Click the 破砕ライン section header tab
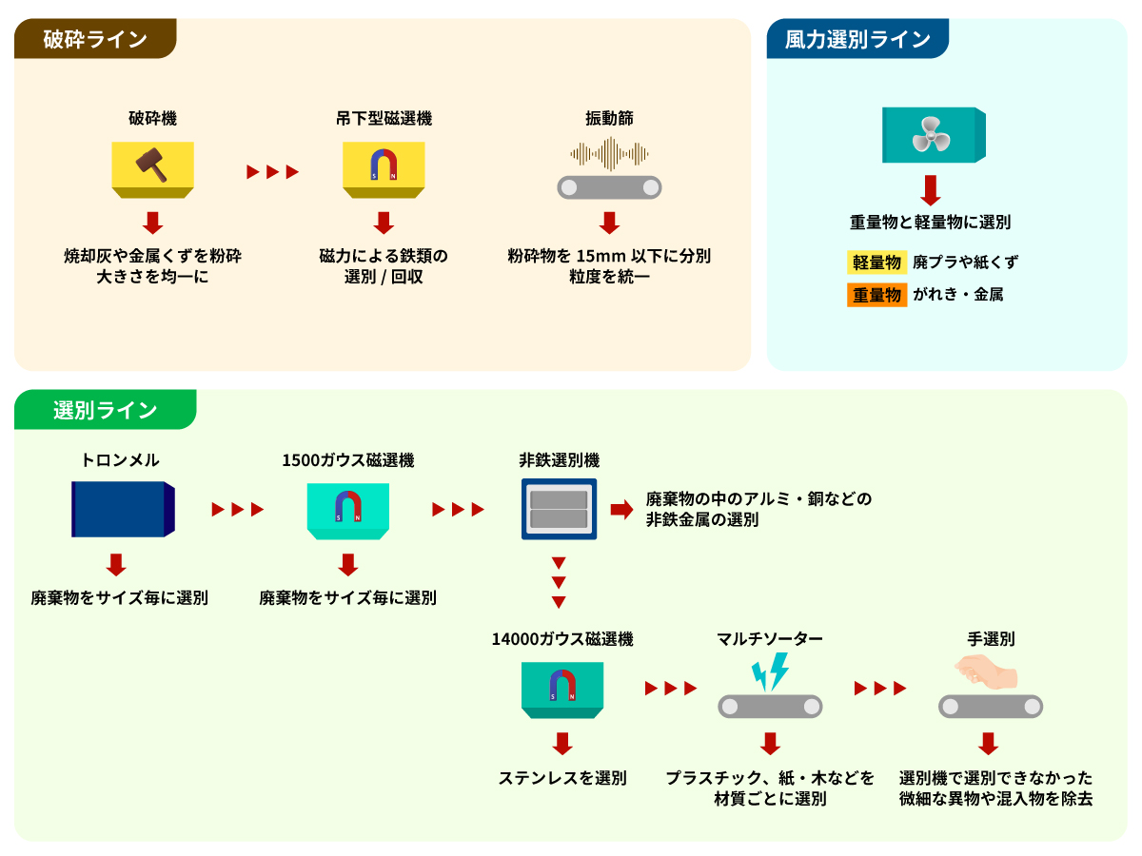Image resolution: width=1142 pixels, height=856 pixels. click(95, 39)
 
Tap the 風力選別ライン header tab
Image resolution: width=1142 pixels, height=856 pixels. click(856, 39)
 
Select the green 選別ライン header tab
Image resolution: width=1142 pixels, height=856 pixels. click(105, 410)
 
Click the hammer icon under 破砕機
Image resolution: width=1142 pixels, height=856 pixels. click(152, 165)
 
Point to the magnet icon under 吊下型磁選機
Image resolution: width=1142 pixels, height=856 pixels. click(384, 165)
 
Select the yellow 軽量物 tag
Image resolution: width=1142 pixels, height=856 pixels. click(876, 263)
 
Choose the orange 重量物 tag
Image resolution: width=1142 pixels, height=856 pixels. click(876, 295)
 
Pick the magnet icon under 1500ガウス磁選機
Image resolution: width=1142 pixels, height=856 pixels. click(348, 507)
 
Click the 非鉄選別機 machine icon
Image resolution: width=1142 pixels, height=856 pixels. click(559, 510)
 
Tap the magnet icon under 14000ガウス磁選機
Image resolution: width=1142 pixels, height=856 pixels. click(562, 686)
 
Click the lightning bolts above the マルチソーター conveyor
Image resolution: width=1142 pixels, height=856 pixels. click(770, 671)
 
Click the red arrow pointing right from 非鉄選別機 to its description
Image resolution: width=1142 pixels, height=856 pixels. click(621, 510)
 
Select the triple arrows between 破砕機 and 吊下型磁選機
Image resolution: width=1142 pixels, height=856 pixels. click(273, 172)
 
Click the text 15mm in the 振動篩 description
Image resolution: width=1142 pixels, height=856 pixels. click(595, 256)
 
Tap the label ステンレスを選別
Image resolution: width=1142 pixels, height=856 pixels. click(562, 777)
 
